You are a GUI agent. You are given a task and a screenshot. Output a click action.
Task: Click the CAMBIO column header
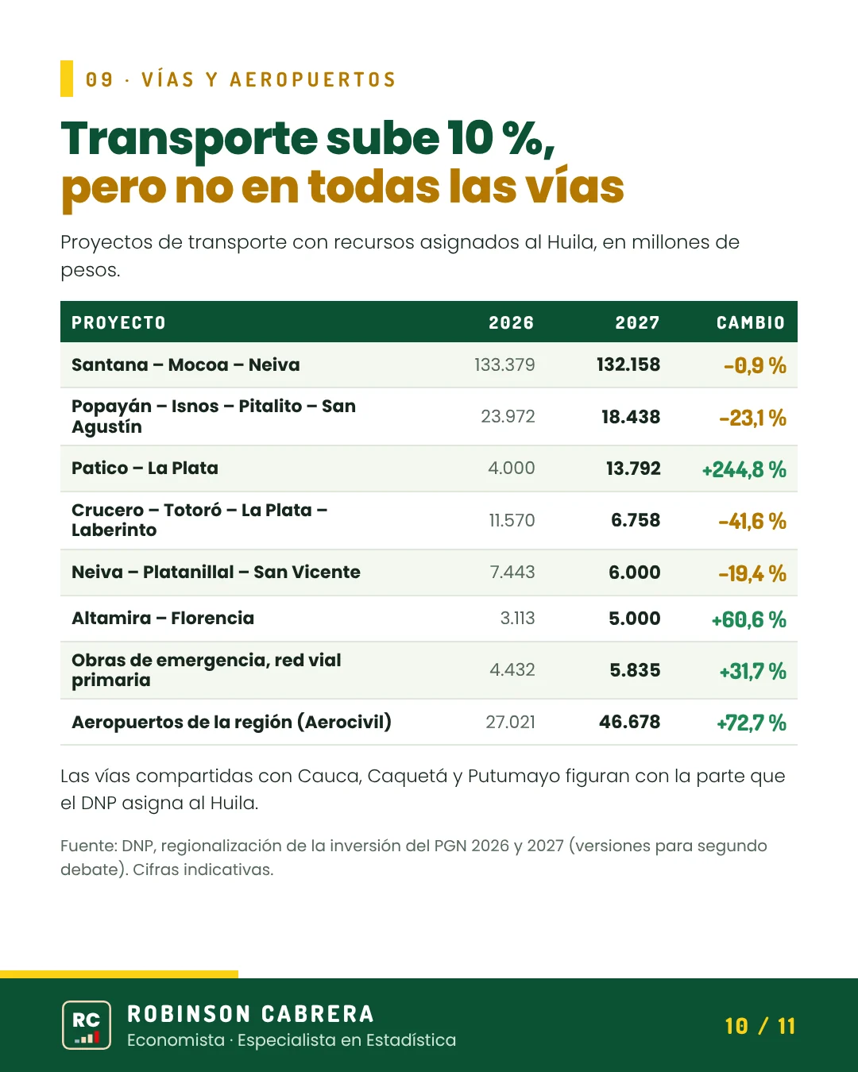coord(750,323)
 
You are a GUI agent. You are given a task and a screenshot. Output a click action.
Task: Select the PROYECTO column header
coord(118,323)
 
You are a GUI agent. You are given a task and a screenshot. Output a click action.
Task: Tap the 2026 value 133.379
coord(504,365)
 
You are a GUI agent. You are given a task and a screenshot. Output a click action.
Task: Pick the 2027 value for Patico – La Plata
coord(633,469)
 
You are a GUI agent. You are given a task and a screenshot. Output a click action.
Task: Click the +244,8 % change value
coord(744,470)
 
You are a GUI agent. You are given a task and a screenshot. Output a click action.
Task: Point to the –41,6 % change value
coord(752,522)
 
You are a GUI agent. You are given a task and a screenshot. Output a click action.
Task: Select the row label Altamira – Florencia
coord(163,619)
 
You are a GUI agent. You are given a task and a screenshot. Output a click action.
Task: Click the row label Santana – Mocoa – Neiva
coord(185,365)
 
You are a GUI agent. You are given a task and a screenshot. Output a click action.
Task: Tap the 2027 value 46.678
coord(630,723)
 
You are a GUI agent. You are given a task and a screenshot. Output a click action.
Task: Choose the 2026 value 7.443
coord(512,573)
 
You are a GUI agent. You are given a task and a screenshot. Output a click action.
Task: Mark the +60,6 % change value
coord(749,620)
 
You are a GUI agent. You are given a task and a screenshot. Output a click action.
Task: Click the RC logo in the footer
coord(87,1025)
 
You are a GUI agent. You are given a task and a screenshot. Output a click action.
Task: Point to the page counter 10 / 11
coord(760,1027)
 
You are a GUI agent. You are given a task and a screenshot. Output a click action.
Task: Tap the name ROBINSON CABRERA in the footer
coord(250,1014)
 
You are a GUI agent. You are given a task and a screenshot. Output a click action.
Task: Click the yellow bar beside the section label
coord(67,79)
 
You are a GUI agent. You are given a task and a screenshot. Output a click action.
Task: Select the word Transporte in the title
coord(189,139)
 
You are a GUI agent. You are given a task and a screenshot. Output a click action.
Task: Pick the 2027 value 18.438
coord(631,417)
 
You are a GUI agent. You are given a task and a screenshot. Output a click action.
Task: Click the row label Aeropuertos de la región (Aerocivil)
coord(231,723)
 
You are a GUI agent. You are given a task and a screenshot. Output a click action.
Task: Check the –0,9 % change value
coord(755,366)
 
